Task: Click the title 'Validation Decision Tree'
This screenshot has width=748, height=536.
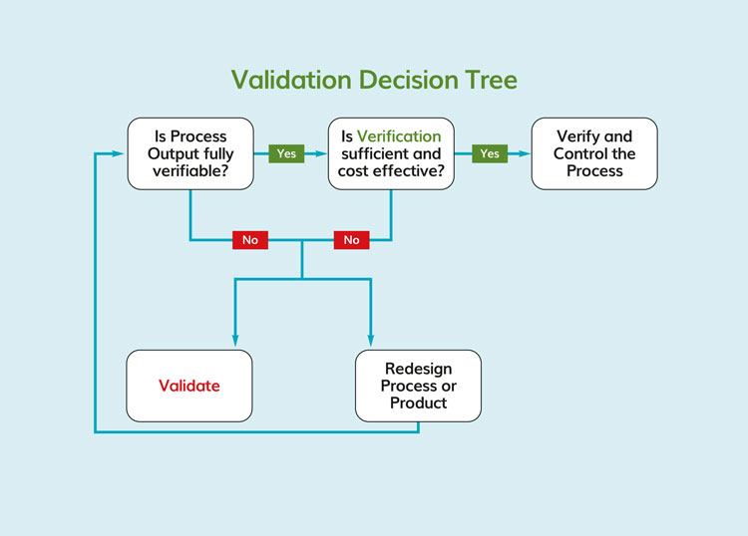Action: point(374,80)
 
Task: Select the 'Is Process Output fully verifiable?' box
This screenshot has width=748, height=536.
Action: point(189,153)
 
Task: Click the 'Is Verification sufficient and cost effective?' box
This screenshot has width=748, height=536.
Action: point(391,153)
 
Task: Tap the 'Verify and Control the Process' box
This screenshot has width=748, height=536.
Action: point(593,153)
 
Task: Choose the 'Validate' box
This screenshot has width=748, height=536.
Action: point(189,386)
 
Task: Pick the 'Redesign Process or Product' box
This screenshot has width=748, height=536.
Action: point(418,386)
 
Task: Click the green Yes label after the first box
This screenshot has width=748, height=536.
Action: point(286,154)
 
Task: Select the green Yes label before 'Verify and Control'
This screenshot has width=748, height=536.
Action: point(489,154)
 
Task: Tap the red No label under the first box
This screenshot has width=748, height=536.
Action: point(250,240)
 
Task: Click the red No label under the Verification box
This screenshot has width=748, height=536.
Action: point(351,240)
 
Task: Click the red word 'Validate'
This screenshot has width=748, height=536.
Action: point(189,386)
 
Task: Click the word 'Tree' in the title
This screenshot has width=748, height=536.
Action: point(487,80)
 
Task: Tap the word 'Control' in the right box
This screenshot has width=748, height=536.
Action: point(582,153)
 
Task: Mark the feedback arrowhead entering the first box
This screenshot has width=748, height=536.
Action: point(120,154)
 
